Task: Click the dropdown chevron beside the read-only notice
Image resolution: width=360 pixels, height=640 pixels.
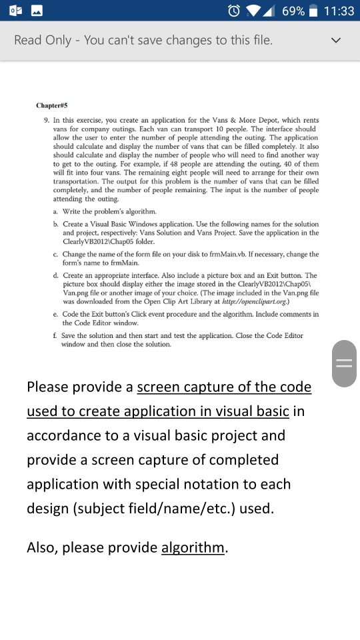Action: click(337, 41)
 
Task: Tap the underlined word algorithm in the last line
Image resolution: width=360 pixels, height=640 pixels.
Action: click(193, 547)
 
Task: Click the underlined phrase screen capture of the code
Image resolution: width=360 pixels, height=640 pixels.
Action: click(224, 387)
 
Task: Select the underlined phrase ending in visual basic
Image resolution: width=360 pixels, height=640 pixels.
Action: click(158, 411)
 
